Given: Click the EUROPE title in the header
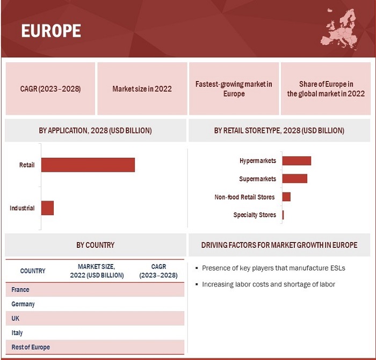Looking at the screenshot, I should tap(51, 31).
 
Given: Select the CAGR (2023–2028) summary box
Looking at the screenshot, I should tap(50, 89).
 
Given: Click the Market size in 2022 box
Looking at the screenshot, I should tap(142, 89).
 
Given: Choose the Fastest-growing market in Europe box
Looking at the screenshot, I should tap(234, 89).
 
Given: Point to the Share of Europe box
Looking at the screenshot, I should tap(326, 89).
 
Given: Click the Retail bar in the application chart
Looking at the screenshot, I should tap(88, 165).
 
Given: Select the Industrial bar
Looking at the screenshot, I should tap(47, 208).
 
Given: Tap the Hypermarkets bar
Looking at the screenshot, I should tap(297, 161).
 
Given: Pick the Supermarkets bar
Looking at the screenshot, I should tap(294, 179).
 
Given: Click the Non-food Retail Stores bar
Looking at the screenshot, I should tap(286, 197).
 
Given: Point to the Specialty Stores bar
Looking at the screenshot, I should tap(283, 215).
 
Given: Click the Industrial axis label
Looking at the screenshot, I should tap(22, 208).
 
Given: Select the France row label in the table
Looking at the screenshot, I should tap(20, 290).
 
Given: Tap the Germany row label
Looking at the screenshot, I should tap(23, 304).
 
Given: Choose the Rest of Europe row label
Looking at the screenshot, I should tap(31, 347).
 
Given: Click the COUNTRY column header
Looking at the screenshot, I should tap(33, 271).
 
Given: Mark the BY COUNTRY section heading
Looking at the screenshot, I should tap(95, 245).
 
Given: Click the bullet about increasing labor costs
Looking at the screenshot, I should tap(268, 284).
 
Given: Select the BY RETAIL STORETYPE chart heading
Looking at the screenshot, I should tap(279, 130).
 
